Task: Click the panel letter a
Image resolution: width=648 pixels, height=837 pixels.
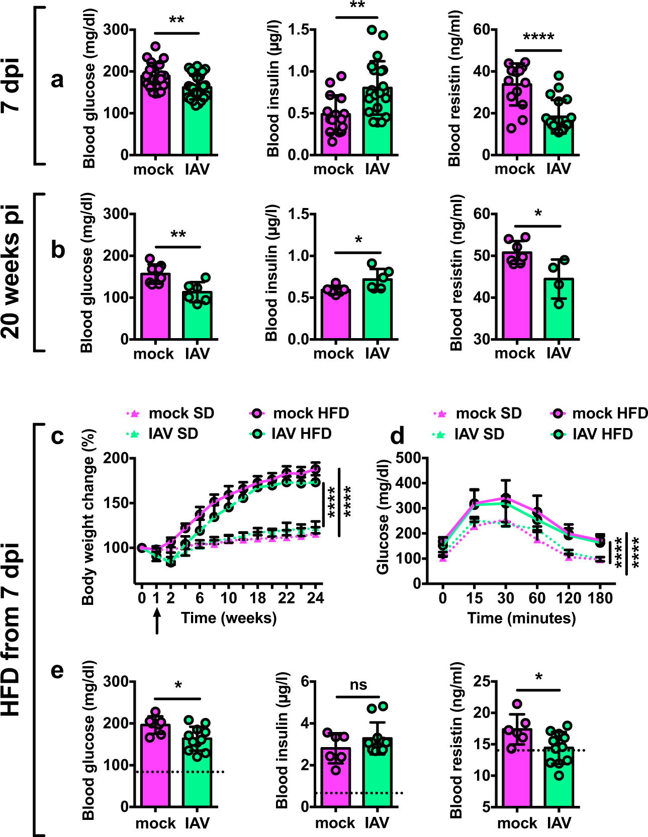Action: click(x=58, y=80)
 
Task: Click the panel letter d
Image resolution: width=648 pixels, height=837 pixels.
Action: click(x=397, y=436)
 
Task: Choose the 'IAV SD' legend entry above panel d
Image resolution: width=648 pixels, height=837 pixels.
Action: click(x=469, y=434)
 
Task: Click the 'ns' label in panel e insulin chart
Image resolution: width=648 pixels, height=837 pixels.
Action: click(x=358, y=685)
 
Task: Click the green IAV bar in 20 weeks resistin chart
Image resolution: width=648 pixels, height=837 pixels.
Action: click(x=559, y=308)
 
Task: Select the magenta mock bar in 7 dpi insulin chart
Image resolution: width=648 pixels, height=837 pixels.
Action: click(x=336, y=134)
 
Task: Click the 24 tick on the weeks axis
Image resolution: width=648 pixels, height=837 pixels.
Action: click(x=316, y=598)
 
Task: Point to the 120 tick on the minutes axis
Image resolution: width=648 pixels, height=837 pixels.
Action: click(x=569, y=598)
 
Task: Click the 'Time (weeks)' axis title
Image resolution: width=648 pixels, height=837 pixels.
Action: click(x=229, y=618)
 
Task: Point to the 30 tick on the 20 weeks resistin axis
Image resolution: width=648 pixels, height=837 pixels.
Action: click(x=482, y=340)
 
